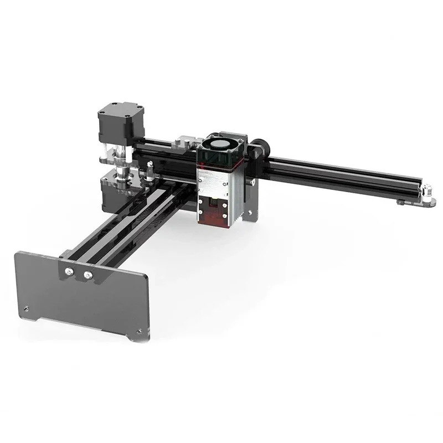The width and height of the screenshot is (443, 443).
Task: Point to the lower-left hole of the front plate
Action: pos(25,308)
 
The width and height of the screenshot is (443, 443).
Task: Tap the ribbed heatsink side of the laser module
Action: pos(238,188)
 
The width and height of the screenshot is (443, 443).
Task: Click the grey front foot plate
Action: pos(83,293)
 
